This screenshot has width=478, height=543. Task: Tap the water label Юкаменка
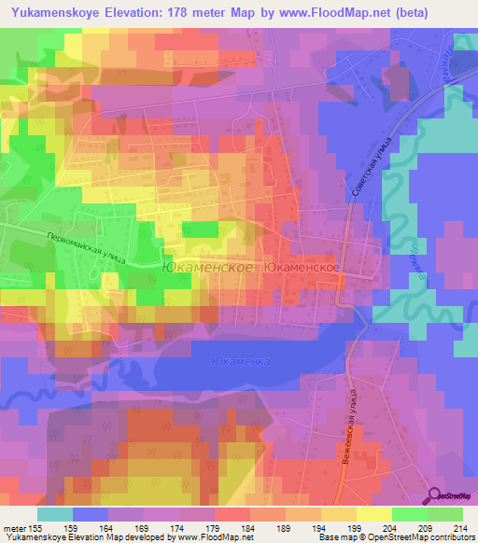[x=240, y=361]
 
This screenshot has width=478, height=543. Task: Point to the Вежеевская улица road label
[x=347, y=420]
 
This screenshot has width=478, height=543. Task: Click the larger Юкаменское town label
[x=207, y=266]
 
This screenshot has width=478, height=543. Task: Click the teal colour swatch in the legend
[x=55, y=514]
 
